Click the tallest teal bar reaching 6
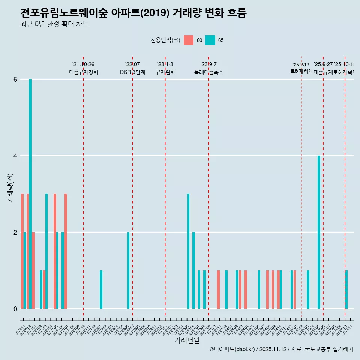(30, 194)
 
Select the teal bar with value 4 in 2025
(319, 232)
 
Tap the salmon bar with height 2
(33, 270)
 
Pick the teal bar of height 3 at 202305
(188, 251)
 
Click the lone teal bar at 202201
(101, 289)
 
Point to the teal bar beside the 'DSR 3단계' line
(128, 270)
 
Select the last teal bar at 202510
(346, 289)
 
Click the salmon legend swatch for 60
(189, 40)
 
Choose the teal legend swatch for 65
(210, 40)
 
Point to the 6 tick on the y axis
(15, 79)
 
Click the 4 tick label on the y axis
(15, 156)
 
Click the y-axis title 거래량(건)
(10, 188)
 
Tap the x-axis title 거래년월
(187, 340)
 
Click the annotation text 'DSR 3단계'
(132, 72)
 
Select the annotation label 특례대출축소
(208, 72)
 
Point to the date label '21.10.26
(83, 64)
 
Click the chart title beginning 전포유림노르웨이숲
(133, 13)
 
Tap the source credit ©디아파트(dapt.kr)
(232, 349)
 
